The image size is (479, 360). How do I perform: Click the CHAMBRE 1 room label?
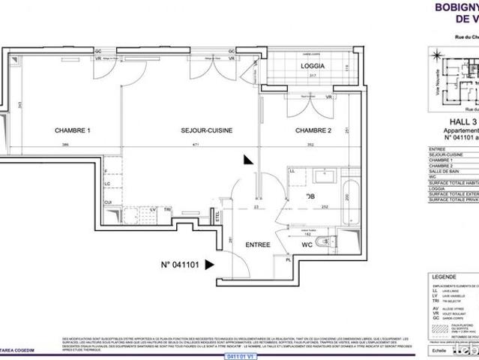(72, 130)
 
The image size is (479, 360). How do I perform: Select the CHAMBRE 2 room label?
(313, 130)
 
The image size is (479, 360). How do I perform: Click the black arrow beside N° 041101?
(211, 263)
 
